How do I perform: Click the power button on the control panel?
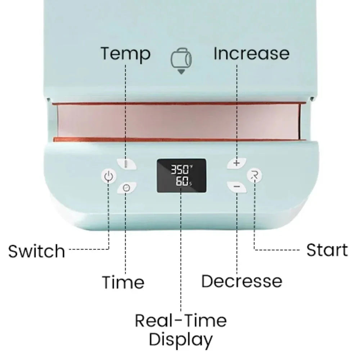coord(109,176)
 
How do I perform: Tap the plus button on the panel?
coord(237,163)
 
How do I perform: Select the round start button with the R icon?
coord(255,176)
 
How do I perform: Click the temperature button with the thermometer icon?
coord(126,164)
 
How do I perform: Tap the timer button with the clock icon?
coord(126,188)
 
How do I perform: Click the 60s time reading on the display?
coord(184,181)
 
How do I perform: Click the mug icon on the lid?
coord(181,58)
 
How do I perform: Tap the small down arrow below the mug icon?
coord(181,72)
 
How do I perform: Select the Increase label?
coord(251,54)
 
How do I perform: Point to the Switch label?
coord(37,251)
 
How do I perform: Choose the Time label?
coord(123,282)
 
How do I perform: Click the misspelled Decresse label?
coord(242,281)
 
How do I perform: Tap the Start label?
coord(327,250)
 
